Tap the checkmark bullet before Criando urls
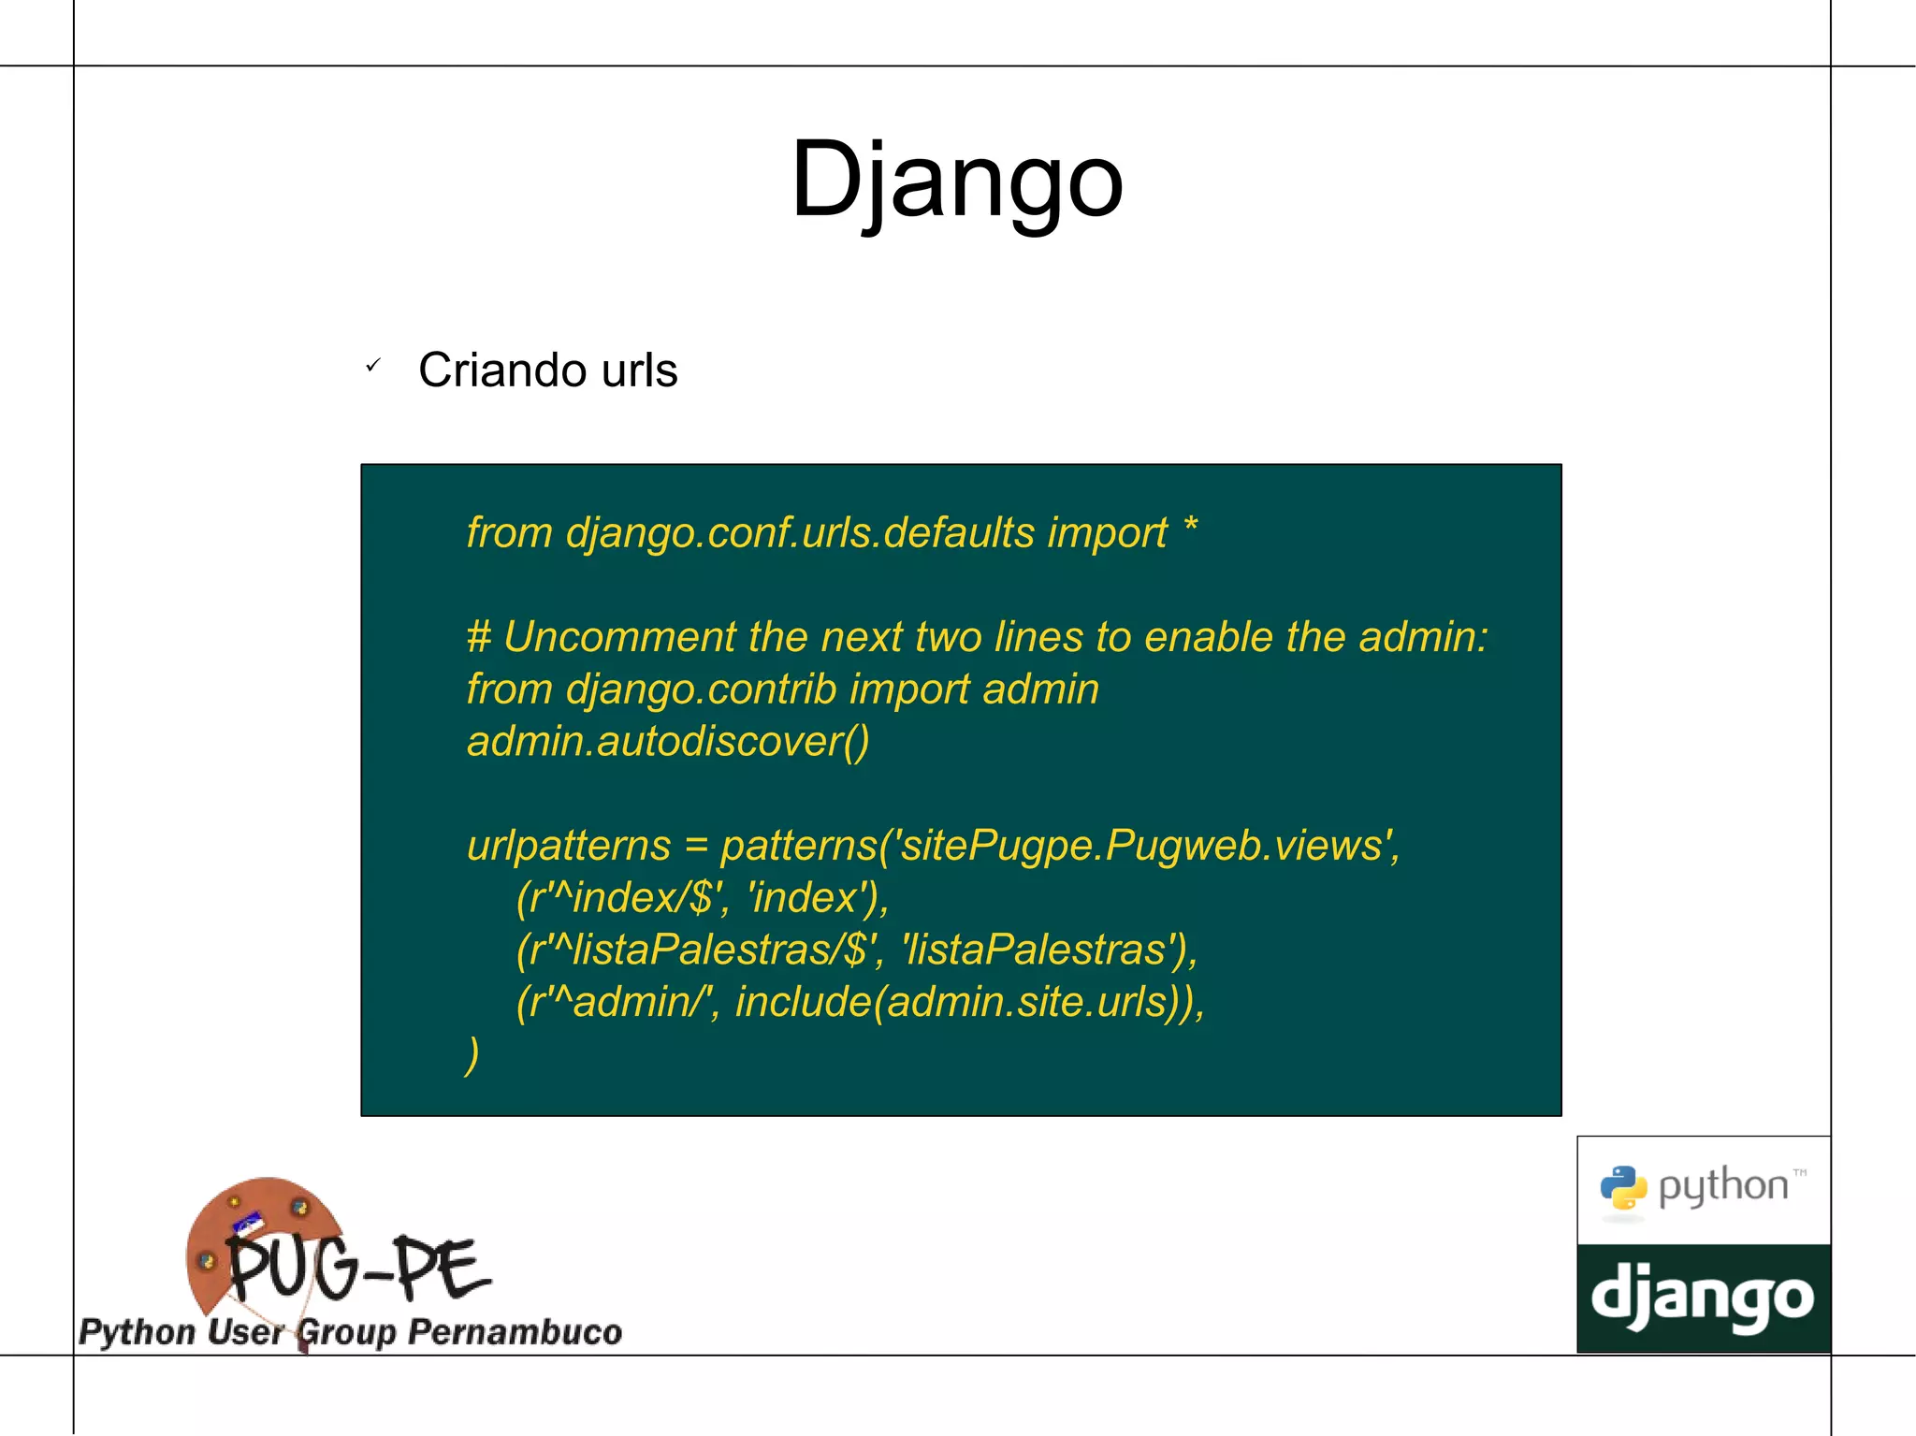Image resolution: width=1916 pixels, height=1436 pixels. (372, 366)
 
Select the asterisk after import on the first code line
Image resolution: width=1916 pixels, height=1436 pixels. (1190, 526)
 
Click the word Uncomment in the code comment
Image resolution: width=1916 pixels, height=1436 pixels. (619, 637)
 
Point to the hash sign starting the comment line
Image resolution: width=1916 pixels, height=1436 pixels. (478, 637)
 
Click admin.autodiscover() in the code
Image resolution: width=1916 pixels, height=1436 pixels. (668, 741)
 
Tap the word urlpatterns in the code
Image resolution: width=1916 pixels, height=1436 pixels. (569, 846)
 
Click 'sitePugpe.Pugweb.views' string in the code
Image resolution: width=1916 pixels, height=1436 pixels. (1143, 846)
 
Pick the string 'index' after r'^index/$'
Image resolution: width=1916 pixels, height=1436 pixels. (805, 898)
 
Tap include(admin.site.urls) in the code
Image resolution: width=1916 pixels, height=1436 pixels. (964, 1002)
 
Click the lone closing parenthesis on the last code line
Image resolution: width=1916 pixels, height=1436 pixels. (472, 1054)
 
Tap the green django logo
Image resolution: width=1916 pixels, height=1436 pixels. (1703, 1298)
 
